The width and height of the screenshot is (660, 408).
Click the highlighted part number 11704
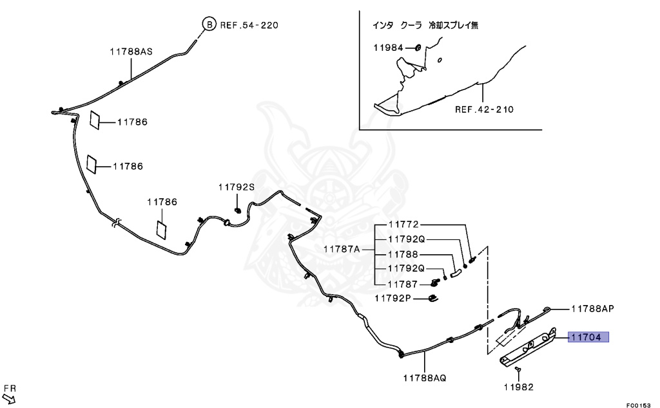(588, 337)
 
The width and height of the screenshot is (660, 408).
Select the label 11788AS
(131, 51)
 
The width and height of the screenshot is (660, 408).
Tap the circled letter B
(209, 25)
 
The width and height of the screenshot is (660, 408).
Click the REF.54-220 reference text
(249, 25)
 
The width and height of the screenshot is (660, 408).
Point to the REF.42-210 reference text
(484, 109)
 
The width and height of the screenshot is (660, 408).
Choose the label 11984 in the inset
(388, 48)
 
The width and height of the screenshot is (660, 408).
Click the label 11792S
(236, 187)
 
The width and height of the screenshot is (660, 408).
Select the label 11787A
(341, 248)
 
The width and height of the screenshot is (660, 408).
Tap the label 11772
(403, 225)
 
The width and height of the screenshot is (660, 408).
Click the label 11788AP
(592, 309)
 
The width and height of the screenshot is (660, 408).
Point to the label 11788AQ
(425, 378)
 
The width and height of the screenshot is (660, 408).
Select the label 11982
(519, 387)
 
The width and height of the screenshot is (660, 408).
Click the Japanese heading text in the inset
(425, 26)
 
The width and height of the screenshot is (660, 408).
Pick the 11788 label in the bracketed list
(403, 254)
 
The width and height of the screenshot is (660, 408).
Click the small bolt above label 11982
(518, 369)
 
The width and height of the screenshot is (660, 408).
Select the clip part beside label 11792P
(433, 297)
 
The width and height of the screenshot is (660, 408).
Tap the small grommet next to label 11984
(417, 48)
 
